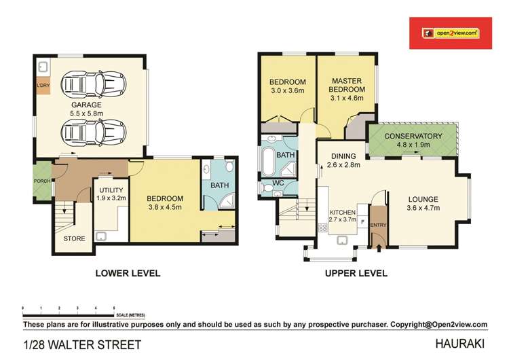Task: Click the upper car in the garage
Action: [94, 85]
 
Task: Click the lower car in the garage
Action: [94, 132]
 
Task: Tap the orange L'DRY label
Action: [43, 86]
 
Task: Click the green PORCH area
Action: [43, 181]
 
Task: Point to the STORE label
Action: [75, 239]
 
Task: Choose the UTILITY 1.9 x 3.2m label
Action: [111, 194]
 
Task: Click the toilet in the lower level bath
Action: [230, 165]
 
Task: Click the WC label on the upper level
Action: [278, 183]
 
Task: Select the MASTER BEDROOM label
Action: [347, 89]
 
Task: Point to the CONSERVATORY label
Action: [413, 136]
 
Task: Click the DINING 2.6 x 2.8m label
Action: [343, 160]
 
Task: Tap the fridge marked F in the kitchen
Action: [362, 222]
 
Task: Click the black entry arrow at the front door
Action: [378, 248]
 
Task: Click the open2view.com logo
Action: [451, 33]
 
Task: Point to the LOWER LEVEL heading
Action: [128, 273]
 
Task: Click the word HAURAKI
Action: [459, 344]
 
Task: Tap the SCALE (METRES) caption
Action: [130, 315]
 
